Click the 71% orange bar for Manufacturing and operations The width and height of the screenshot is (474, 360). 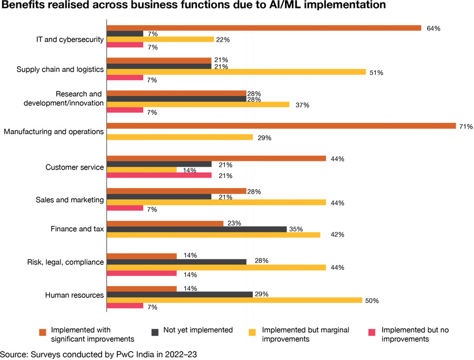tap(281, 126)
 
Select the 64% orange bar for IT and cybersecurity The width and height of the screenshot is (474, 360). tap(264, 28)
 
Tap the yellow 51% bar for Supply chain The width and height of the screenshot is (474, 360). tap(236, 72)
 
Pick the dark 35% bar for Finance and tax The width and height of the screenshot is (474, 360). tap(197, 229)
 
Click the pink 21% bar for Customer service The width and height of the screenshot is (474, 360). tap(159, 176)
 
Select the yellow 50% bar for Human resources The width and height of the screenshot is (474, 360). tap(234, 300)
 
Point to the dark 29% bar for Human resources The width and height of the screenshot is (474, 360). tap(180, 294)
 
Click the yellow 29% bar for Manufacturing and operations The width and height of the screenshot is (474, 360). tap(180, 137)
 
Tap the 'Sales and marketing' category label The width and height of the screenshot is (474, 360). tap(70, 200)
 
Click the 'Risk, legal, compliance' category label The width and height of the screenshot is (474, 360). tap(65, 262)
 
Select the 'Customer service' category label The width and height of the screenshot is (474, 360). tap(75, 167)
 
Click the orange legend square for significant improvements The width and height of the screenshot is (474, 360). tap(43, 332)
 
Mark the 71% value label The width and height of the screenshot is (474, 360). tap(466, 127)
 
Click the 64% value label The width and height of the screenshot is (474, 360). tap(433, 28)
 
